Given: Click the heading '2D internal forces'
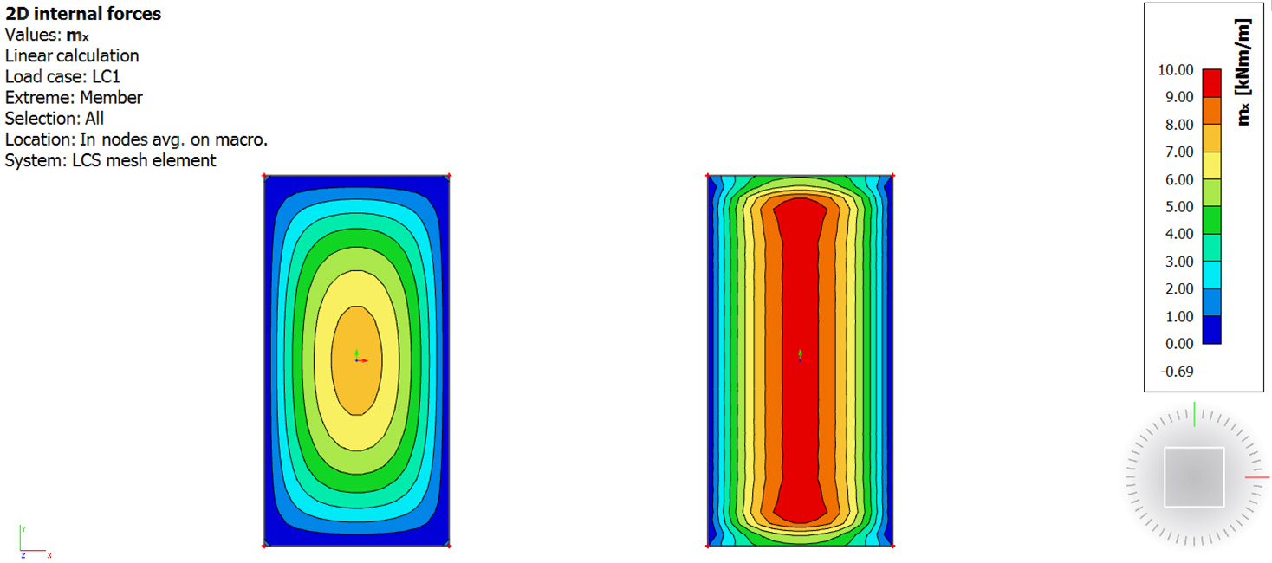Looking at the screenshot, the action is point(83,14).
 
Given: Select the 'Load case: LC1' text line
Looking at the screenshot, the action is point(62,76).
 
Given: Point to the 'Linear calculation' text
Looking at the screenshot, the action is point(72,55).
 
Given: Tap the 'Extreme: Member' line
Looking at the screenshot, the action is point(74,98).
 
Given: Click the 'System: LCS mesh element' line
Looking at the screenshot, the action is point(111,160).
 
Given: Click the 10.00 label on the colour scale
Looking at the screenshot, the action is point(1176,70).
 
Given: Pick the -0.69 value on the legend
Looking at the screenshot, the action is point(1177,372).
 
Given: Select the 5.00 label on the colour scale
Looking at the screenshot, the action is point(1179,207).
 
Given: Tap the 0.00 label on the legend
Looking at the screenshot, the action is point(1179,343).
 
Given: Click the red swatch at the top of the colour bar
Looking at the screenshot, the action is point(1212,83).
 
